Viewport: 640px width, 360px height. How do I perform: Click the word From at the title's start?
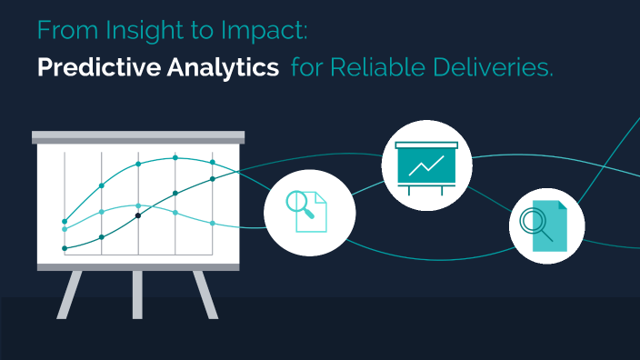tap(60, 32)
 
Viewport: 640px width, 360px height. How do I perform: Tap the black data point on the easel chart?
tap(138, 215)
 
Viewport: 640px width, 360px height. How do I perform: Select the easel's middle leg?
tap(138, 293)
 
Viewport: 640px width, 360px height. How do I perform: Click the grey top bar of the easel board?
tap(138, 137)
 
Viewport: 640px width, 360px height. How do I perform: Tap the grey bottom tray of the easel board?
tap(138, 266)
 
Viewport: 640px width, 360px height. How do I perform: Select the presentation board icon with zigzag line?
tap(427, 165)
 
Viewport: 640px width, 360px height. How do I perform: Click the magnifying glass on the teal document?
tap(532, 221)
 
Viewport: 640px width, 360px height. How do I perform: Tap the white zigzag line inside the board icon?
tap(426, 165)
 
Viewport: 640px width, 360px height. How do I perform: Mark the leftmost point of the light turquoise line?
tap(65, 229)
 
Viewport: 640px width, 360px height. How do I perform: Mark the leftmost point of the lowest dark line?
tap(65, 247)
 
